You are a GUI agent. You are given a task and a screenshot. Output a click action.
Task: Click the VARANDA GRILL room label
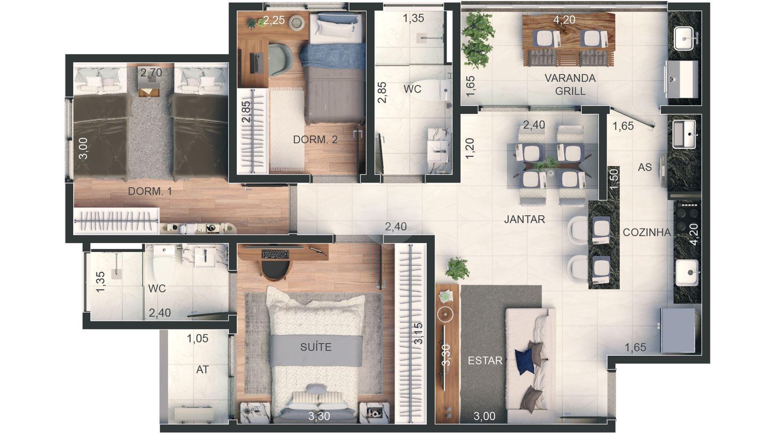pos(570,84)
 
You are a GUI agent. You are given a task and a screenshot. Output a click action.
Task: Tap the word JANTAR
pos(524,219)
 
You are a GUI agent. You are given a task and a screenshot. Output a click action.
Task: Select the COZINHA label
pos(647,232)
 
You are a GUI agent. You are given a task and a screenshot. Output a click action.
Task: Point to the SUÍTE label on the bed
pos(316,347)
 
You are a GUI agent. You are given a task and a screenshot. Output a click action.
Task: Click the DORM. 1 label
pos(150,191)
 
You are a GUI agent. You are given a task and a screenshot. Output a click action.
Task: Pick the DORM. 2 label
pos(315,139)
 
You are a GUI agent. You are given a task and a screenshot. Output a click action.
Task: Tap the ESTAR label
pos(485,361)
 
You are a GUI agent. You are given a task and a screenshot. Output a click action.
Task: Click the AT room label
pos(202,370)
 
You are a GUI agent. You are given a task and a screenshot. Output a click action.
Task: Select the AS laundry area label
pos(645,167)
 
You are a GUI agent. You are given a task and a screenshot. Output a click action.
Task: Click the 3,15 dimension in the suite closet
pos(418,334)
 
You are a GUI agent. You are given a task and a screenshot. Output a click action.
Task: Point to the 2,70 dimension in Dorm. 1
pos(151,73)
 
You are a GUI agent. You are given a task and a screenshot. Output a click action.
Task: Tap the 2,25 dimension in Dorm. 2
pos(274,20)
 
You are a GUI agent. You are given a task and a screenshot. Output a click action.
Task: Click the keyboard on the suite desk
pos(275,254)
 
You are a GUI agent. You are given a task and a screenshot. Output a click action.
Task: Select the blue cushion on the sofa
pos(524,361)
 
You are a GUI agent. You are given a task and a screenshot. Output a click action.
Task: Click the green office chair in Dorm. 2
pos(280,59)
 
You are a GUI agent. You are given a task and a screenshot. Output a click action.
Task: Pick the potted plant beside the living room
pos(457,268)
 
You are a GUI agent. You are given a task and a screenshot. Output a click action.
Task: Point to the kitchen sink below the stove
pos(687,273)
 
